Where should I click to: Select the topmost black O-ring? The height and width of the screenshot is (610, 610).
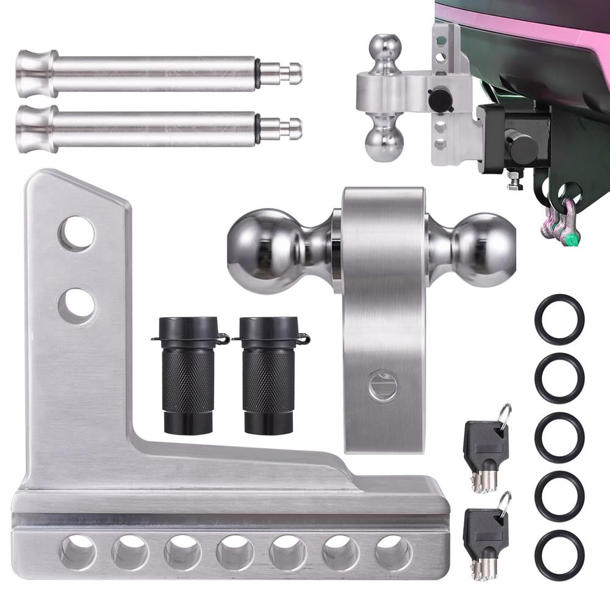559,319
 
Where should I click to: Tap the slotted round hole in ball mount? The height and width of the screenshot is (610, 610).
382,387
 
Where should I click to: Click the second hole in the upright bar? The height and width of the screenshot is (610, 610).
77,305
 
